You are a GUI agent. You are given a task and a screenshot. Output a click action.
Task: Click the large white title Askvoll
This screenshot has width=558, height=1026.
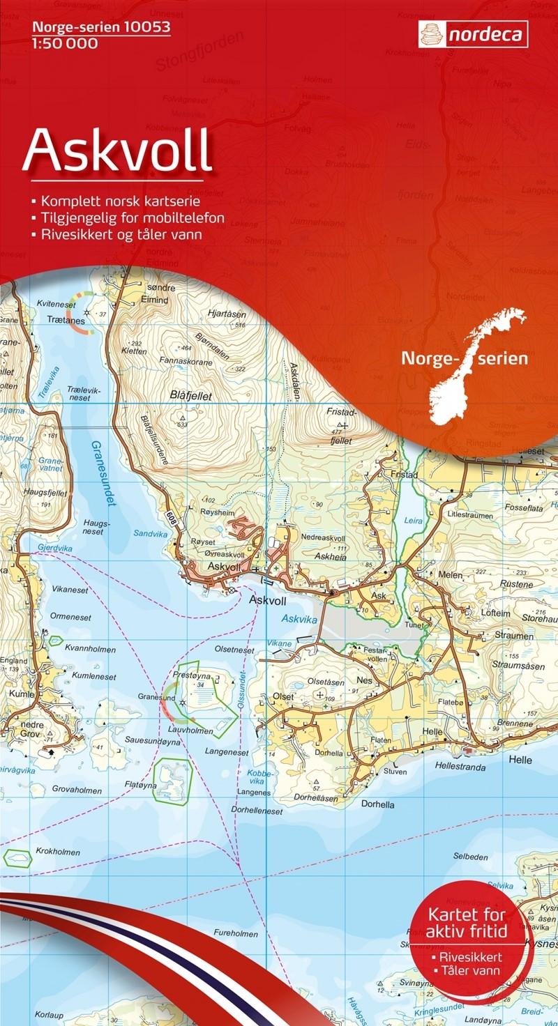click(117, 151)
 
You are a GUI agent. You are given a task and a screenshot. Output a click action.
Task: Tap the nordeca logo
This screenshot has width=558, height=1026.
click(473, 34)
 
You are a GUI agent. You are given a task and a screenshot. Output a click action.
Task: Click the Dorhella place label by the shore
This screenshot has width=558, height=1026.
click(378, 804)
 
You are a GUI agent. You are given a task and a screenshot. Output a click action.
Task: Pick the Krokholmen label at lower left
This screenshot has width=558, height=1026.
click(54, 851)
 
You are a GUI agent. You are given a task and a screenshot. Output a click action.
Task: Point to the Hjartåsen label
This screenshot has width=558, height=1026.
click(228, 314)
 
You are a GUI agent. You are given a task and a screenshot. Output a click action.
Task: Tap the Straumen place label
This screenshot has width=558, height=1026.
click(514, 636)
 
